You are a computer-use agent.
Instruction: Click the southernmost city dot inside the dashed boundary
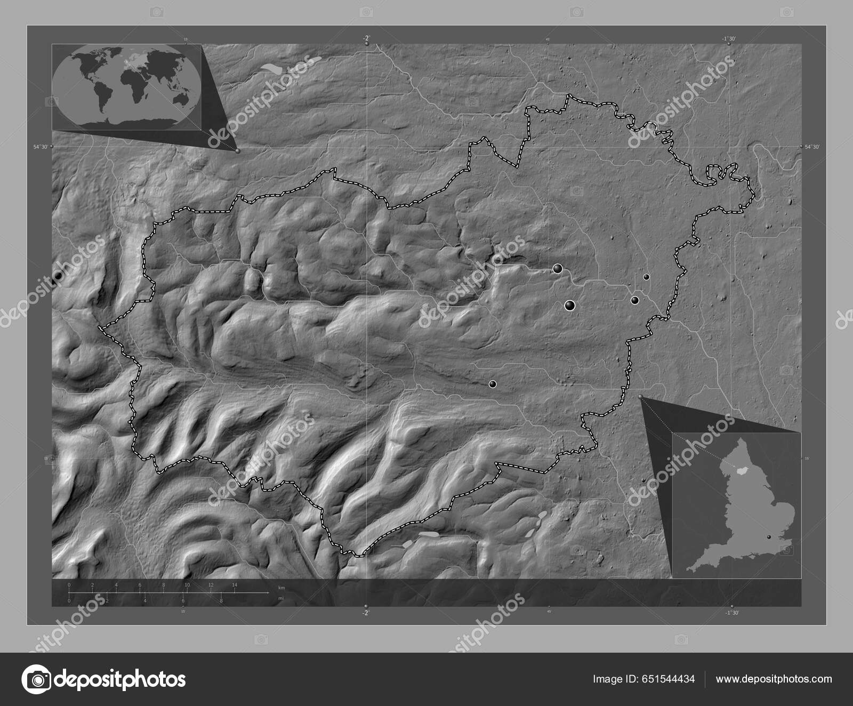[493, 383]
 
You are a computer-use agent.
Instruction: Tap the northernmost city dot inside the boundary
[557, 269]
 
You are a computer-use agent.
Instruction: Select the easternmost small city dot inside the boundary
[646, 277]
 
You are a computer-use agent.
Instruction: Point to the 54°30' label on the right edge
[811, 147]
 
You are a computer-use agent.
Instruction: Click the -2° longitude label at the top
[366, 38]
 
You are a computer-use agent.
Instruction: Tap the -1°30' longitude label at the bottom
[732, 613]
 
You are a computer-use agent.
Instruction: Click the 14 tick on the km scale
[235, 585]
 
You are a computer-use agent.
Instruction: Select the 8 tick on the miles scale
[221, 601]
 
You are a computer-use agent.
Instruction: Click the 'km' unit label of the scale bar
[281, 588]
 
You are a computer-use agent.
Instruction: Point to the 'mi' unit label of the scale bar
[280, 598]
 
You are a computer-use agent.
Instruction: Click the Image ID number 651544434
[669, 679]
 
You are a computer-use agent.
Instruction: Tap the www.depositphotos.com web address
[774, 679]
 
